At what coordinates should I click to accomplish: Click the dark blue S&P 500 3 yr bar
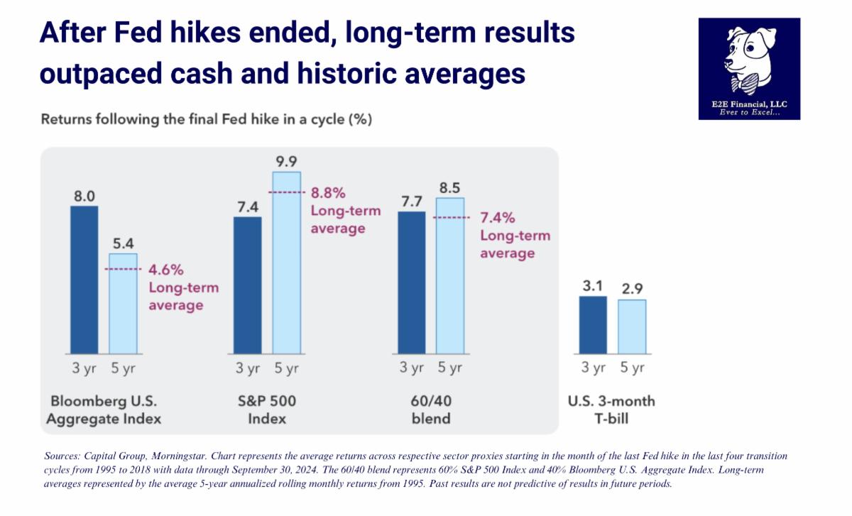(248, 285)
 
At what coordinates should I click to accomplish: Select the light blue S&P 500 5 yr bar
(287, 263)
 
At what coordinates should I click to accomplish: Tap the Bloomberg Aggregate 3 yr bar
(84, 280)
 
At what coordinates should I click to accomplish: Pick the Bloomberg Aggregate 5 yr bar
(123, 303)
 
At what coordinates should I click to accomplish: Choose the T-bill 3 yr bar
(593, 324)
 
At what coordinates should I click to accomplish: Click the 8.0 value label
(84, 194)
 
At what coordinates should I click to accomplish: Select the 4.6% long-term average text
(166, 270)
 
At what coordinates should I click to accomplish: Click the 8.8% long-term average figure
(329, 193)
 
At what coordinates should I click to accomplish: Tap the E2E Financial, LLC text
(749, 105)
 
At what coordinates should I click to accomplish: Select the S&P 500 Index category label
(267, 410)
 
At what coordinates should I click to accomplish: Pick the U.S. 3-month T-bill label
(611, 410)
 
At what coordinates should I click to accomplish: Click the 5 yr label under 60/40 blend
(449, 368)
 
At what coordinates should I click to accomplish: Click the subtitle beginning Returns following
(206, 119)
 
